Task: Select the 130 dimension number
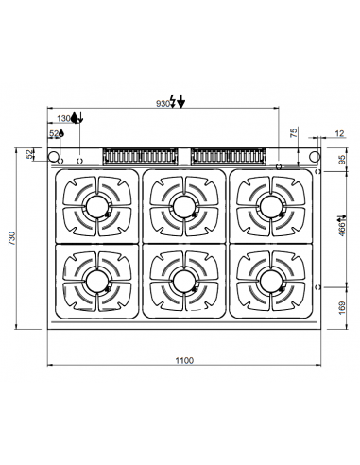click(x=63, y=119)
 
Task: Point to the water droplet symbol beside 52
click(x=60, y=134)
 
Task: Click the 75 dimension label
click(x=293, y=134)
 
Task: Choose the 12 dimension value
click(x=339, y=134)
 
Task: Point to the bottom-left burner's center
click(x=96, y=278)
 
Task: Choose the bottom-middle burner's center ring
click(x=182, y=278)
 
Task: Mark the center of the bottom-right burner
click(x=268, y=278)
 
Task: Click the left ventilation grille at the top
click(x=141, y=155)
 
